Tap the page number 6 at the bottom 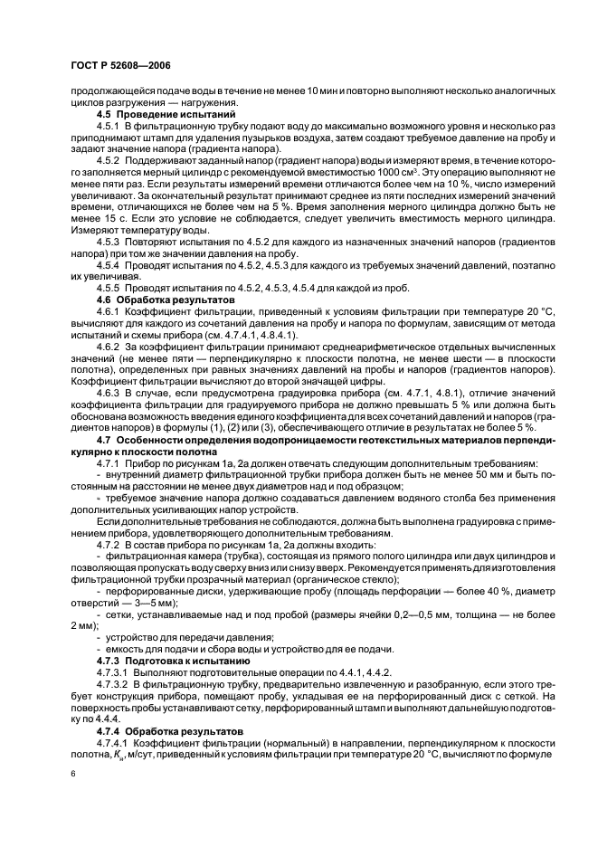[x=72, y=775]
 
